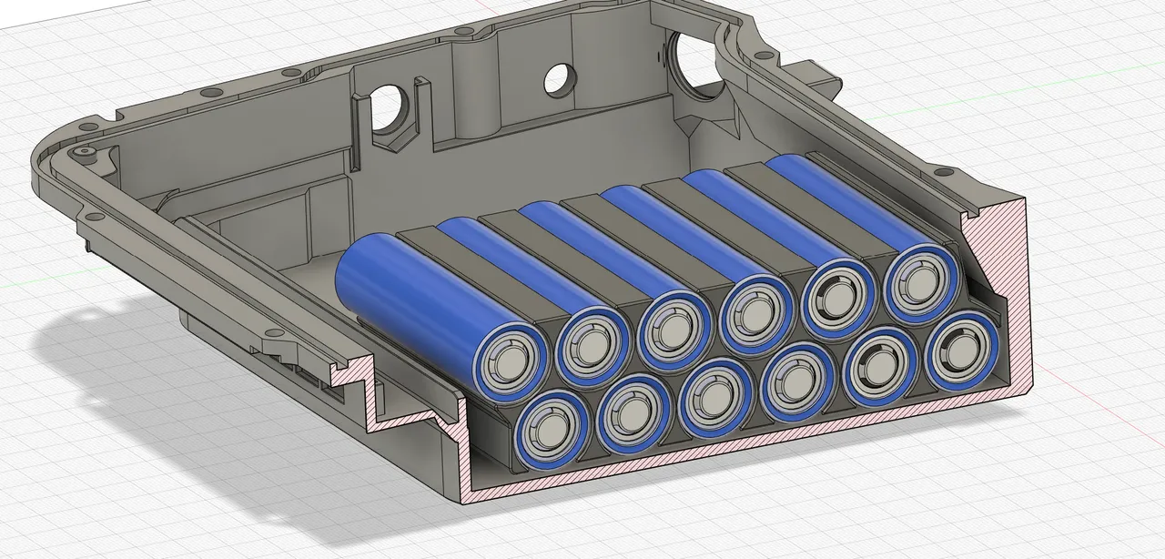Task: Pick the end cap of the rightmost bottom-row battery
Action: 961,351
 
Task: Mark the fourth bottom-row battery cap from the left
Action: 797,385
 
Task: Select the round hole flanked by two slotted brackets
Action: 391,107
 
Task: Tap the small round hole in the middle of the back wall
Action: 557,79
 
